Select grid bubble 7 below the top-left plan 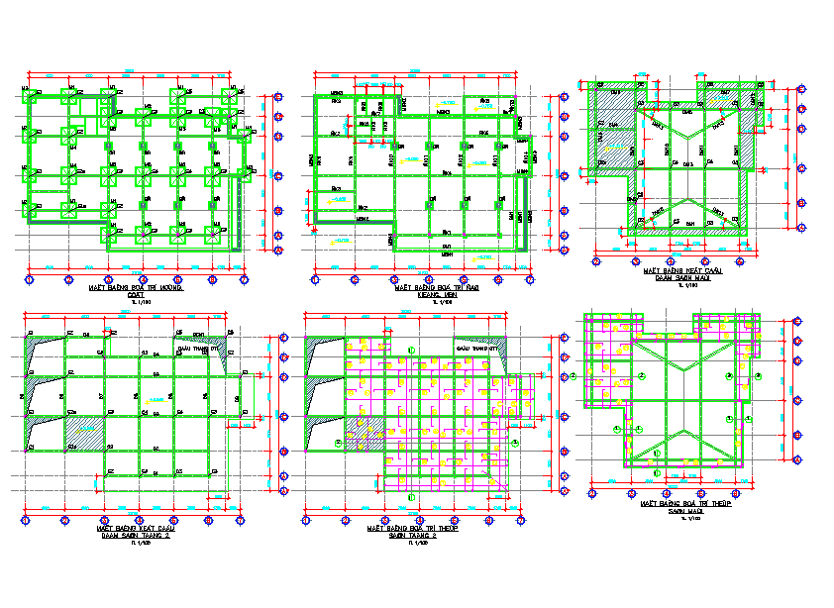244,280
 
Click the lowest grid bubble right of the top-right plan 799,239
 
